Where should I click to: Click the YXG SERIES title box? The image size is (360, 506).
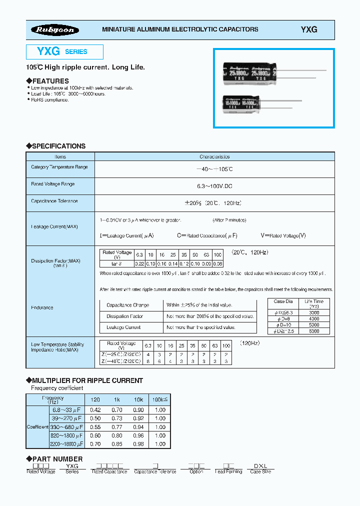64,51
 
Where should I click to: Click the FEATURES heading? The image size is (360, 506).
50,81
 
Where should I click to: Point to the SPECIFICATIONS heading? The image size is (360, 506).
58,146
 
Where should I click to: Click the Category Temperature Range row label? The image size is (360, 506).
59,167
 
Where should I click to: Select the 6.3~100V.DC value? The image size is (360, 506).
214,186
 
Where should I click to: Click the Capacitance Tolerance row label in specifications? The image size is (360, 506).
54,201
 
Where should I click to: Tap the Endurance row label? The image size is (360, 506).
42,307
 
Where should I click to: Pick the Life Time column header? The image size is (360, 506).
314,303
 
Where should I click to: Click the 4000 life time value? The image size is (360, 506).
314,318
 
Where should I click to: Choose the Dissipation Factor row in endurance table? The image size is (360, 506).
124,316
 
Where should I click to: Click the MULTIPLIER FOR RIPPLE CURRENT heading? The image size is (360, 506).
87,380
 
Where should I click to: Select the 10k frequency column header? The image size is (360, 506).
138,400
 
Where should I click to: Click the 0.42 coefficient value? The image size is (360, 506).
94,409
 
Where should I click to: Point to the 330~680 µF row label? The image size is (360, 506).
66,427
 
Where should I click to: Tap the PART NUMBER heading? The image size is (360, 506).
57,458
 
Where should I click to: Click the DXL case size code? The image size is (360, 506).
261,465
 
